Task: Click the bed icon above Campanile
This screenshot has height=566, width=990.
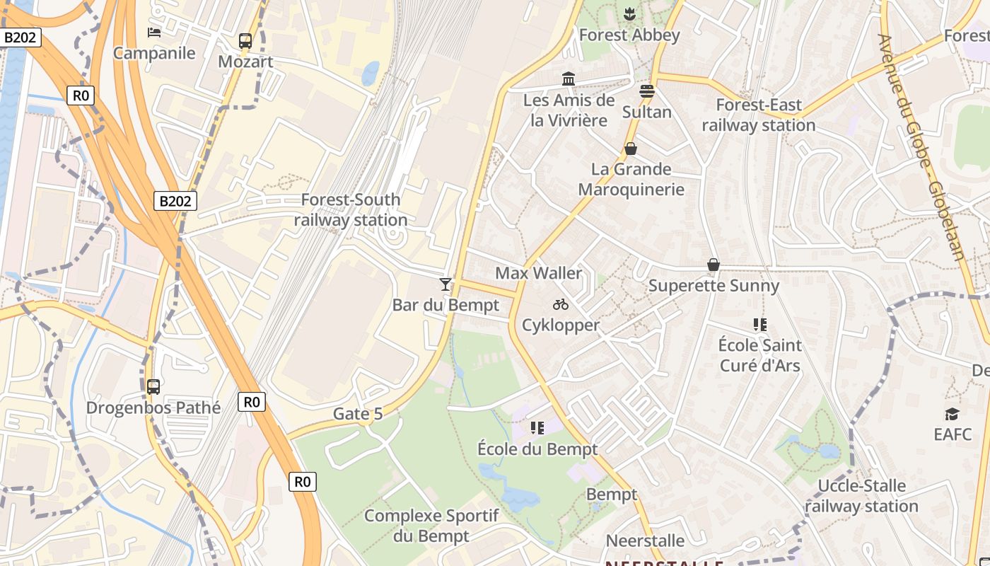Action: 154,32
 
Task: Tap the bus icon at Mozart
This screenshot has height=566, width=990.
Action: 245,41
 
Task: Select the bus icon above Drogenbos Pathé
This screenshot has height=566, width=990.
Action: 153,387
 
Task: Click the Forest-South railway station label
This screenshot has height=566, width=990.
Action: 351,210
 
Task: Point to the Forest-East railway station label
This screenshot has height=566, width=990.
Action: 759,115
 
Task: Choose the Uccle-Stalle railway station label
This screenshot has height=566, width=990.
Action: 861,496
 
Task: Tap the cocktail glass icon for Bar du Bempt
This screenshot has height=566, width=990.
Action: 445,284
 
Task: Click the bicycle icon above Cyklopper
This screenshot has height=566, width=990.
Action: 561,304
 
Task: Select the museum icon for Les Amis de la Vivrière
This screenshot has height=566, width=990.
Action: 569,79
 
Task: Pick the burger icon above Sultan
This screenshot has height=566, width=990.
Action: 647,91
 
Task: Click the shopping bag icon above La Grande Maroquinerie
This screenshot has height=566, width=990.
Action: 631,149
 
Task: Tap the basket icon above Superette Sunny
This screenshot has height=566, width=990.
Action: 714,265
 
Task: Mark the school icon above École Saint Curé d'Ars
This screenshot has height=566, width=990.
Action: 760,325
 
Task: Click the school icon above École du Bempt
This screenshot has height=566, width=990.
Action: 537,428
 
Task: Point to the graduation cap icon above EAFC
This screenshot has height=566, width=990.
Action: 953,413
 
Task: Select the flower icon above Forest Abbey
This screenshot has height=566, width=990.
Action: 629,13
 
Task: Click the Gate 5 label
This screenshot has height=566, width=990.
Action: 358,414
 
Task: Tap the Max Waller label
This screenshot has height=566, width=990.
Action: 539,273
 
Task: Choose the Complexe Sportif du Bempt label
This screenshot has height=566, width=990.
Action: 431,526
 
